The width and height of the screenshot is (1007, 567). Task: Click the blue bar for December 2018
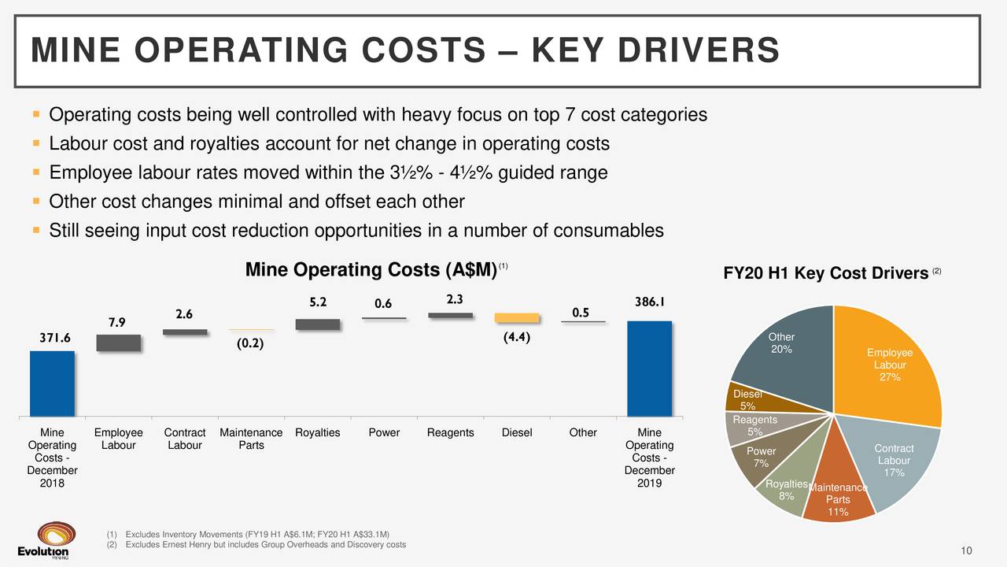pyautogui.click(x=52, y=384)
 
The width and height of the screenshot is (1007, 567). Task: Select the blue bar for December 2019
pyautogui.click(x=649, y=368)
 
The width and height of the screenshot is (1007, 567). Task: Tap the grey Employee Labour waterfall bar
pyautogui.click(x=118, y=343)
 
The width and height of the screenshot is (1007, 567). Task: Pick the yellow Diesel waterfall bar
pyautogui.click(x=517, y=317)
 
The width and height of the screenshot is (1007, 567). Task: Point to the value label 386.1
pyautogui.click(x=650, y=301)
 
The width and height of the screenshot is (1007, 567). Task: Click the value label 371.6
pyautogui.click(x=55, y=337)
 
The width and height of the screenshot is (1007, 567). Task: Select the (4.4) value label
pyautogui.click(x=516, y=339)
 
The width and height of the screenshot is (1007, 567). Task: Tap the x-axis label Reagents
pyautogui.click(x=450, y=432)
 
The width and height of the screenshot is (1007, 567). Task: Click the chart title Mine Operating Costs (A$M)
pyautogui.click(x=371, y=270)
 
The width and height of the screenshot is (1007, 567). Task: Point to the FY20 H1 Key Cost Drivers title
pyautogui.click(x=826, y=273)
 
